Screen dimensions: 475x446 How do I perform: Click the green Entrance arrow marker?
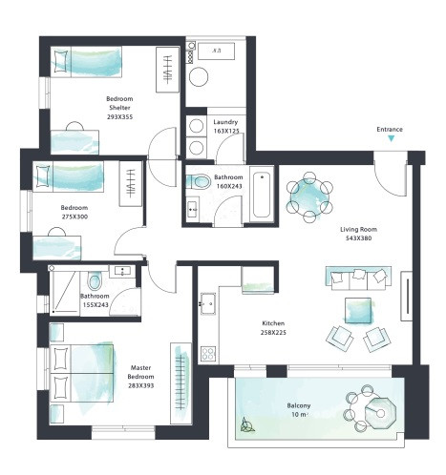click(391, 139)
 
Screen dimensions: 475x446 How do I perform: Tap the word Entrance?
click(391, 128)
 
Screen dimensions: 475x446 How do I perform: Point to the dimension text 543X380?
click(358, 238)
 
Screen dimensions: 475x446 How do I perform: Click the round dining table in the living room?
click(309, 196)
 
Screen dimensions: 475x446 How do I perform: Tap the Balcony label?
click(298, 405)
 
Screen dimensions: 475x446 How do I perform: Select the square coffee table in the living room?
click(360, 310)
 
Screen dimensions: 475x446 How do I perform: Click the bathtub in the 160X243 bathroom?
click(261, 196)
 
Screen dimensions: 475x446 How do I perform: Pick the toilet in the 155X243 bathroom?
click(94, 281)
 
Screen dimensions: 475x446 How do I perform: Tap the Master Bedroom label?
click(140, 371)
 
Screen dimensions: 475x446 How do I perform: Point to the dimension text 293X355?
click(120, 116)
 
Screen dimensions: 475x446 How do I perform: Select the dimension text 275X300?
click(74, 217)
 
